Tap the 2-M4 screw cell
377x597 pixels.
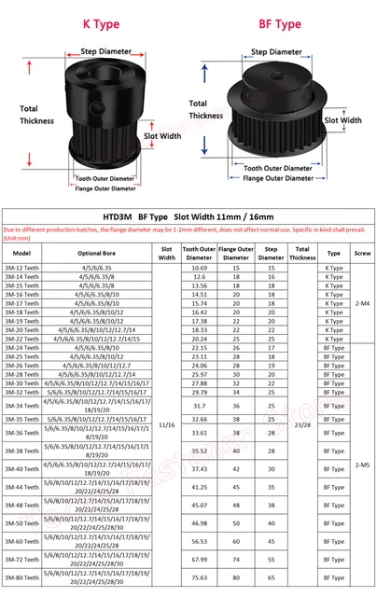point(362,302)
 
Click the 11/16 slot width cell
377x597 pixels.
point(167,423)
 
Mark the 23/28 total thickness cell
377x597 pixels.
point(301,423)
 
